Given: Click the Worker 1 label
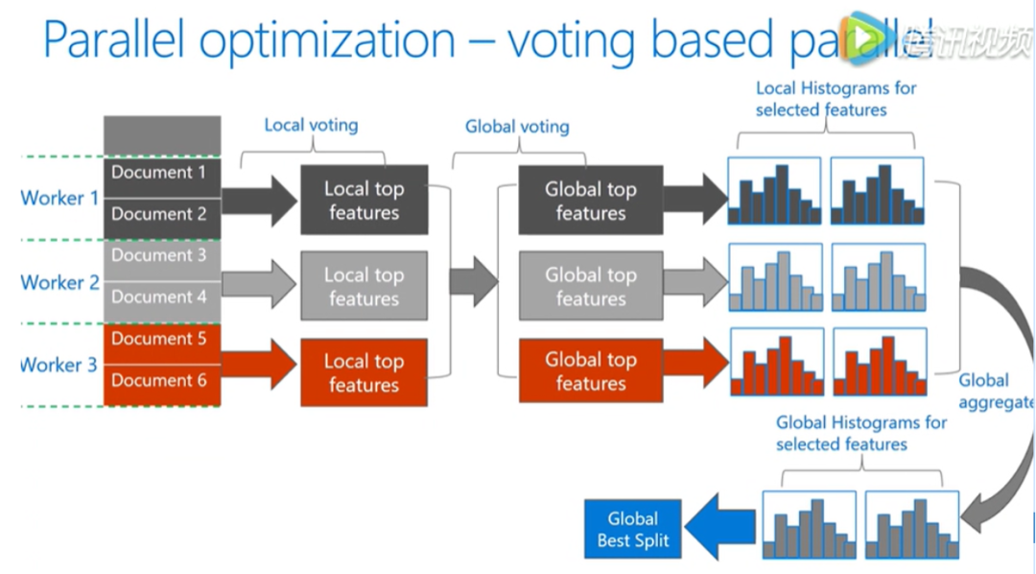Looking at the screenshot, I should point(59,199).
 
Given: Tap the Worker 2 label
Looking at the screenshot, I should point(59,282).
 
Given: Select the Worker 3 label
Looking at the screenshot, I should point(59,365).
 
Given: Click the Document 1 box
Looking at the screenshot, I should point(161,174).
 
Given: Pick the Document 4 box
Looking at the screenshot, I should point(161,298).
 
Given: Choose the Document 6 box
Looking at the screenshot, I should point(161,381).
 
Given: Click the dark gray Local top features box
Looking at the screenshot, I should point(364,200).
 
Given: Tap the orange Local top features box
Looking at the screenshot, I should point(364,372).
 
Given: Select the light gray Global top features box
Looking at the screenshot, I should point(590,286).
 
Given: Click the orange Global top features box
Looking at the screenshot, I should point(590,371).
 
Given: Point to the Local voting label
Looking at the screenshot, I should point(311,125).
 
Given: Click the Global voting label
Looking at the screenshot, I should point(517,127).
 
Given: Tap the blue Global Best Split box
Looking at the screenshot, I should point(633,529).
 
